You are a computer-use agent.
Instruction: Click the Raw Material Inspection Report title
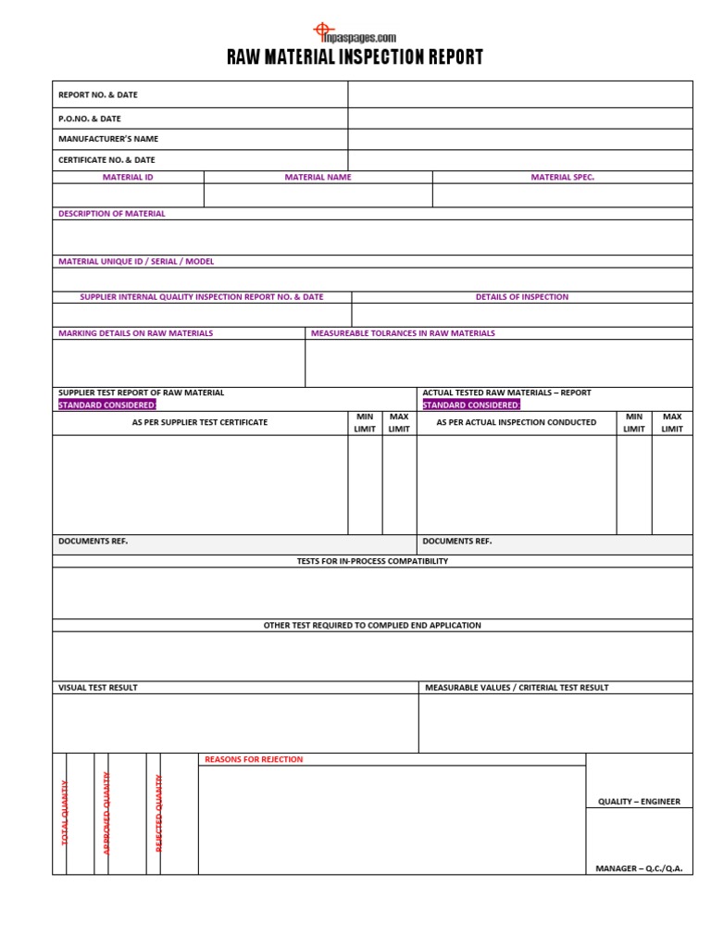coord(355,57)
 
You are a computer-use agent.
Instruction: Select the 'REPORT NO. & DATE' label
coord(98,94)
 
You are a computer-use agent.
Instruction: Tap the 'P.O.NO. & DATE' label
coord(90,118)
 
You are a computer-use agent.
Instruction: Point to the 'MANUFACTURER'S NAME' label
coord(108,139)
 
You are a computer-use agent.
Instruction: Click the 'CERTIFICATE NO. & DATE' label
coord(106,160)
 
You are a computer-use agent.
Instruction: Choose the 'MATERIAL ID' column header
coord(128,177)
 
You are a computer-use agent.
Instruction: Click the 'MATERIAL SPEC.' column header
coord(562,177)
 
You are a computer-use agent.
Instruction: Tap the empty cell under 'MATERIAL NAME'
coord(318,195)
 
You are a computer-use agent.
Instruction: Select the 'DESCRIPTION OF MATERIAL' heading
coord(112,214)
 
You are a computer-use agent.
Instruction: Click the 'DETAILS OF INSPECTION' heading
coord(522,297)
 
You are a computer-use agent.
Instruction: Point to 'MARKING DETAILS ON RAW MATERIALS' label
coord(135,333)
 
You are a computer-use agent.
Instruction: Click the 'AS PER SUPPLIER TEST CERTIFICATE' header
coord(200,423)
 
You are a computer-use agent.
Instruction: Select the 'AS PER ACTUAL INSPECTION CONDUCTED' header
coord(517,423)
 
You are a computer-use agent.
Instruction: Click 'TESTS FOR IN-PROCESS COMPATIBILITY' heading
coord(372,561)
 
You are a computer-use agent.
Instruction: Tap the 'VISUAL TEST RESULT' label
coord(98,688)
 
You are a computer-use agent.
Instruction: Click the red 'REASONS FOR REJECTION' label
coord(254,760)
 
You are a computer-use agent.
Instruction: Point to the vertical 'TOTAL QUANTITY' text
coord(65,813)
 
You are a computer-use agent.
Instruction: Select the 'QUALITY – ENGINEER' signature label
coord(639,802)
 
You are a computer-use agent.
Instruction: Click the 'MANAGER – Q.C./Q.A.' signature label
coord(639,868)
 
